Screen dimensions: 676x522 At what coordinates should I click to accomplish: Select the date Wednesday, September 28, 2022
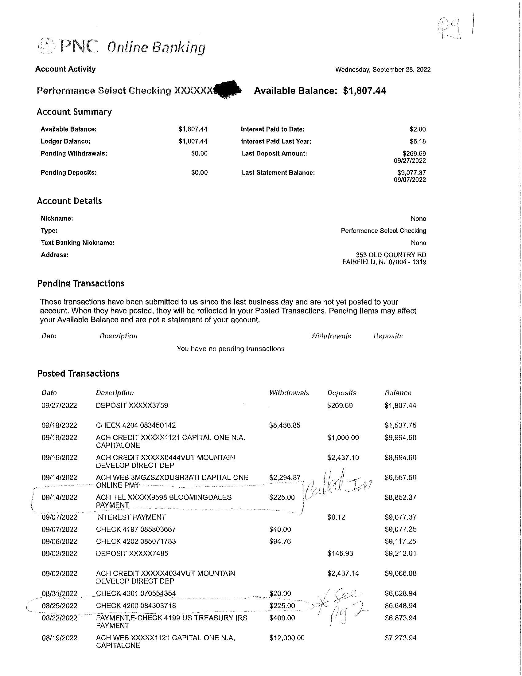[383, 70]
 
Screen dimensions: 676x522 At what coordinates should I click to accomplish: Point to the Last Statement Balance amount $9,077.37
[411, 172]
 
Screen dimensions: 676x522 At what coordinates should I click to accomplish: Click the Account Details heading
[69, 201]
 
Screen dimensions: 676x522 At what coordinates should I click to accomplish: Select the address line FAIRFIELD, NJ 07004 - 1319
[384, 262]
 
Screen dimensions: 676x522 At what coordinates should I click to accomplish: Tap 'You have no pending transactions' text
[230, 349]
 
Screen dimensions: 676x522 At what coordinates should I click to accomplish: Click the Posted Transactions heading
[78, 374]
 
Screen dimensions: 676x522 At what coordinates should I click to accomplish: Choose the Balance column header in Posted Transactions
[398, 393]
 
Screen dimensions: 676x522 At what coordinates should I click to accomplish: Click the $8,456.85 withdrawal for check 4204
[285, 425]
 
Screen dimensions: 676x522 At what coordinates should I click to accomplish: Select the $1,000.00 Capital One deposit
[343, 438]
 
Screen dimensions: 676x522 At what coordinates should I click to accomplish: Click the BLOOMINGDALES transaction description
[164, 501]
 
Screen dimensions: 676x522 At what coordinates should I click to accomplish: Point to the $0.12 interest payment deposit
[336, 517]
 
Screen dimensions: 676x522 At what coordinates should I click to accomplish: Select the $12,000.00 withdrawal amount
[287, 638]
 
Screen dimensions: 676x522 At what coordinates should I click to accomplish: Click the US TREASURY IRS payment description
[171, 622]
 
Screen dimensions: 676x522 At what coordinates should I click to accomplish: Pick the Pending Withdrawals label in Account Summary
[74, 154]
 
